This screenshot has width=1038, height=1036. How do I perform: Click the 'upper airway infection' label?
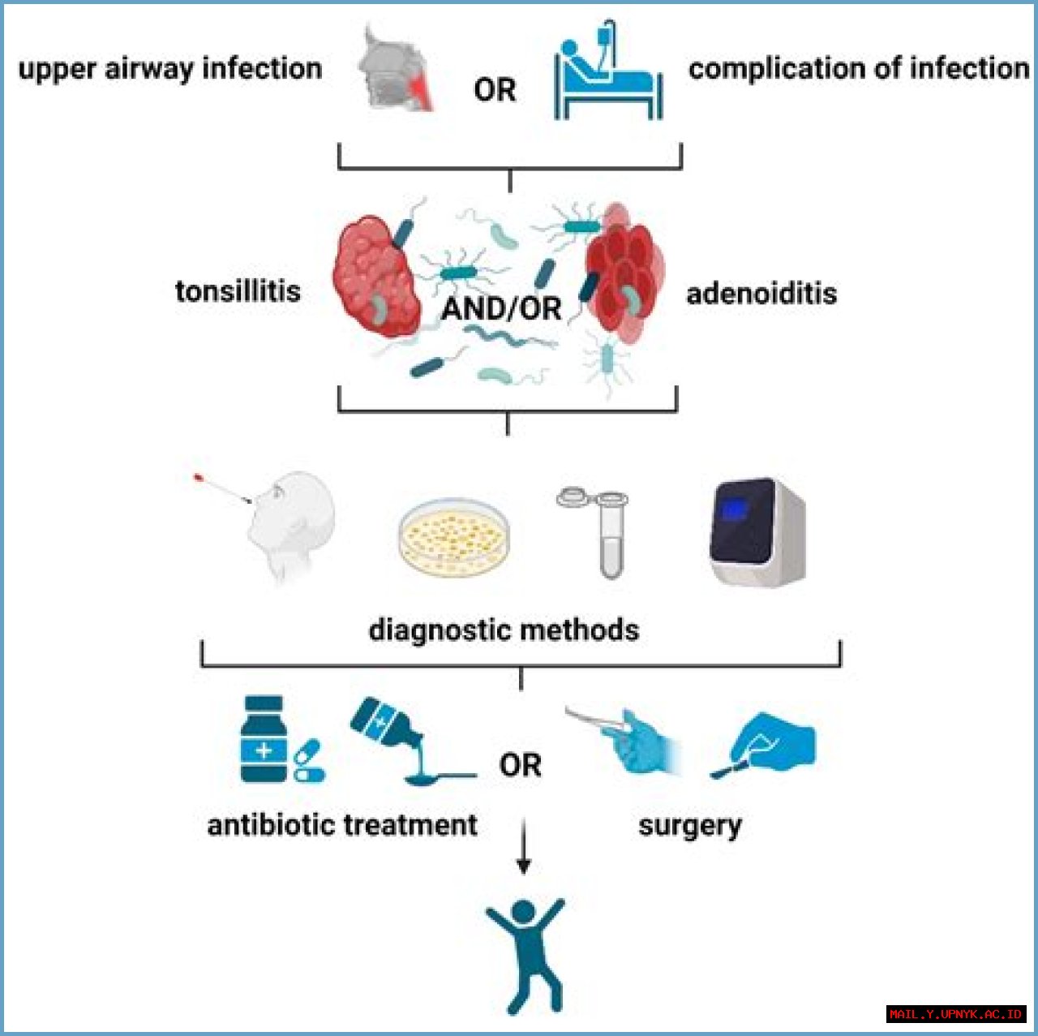[169, 69]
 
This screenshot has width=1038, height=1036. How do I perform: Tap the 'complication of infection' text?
[859, 69]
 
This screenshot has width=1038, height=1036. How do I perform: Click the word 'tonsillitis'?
[238, 291]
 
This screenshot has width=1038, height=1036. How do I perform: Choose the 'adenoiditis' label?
[761, 293]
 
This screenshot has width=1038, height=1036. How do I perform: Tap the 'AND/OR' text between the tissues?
[501, 308]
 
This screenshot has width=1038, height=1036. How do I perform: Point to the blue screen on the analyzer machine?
[736, 509]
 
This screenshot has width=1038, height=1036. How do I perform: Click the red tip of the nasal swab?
[198, 478]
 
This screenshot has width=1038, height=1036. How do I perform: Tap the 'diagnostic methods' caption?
[504, 630]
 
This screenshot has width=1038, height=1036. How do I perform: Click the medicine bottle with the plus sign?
[264, 740]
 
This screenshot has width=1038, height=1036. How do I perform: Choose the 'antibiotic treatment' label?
[342, 825]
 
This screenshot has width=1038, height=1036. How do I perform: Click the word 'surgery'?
[689, 826]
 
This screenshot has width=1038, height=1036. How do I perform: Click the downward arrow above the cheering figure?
[524, 848]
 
